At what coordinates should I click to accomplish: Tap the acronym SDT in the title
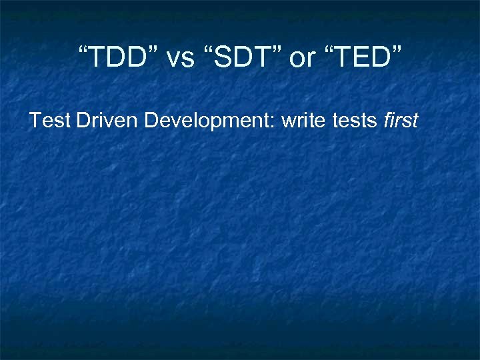point(242,59)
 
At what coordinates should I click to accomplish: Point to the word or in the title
point(302,59)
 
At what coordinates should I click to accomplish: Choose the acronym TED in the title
point(360,59)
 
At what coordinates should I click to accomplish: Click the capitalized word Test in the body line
point(50,121)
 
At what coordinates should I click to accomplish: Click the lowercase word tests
point(356,121)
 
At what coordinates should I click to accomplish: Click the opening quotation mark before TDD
point(83,52)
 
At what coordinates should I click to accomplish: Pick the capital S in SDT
point(223,59)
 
